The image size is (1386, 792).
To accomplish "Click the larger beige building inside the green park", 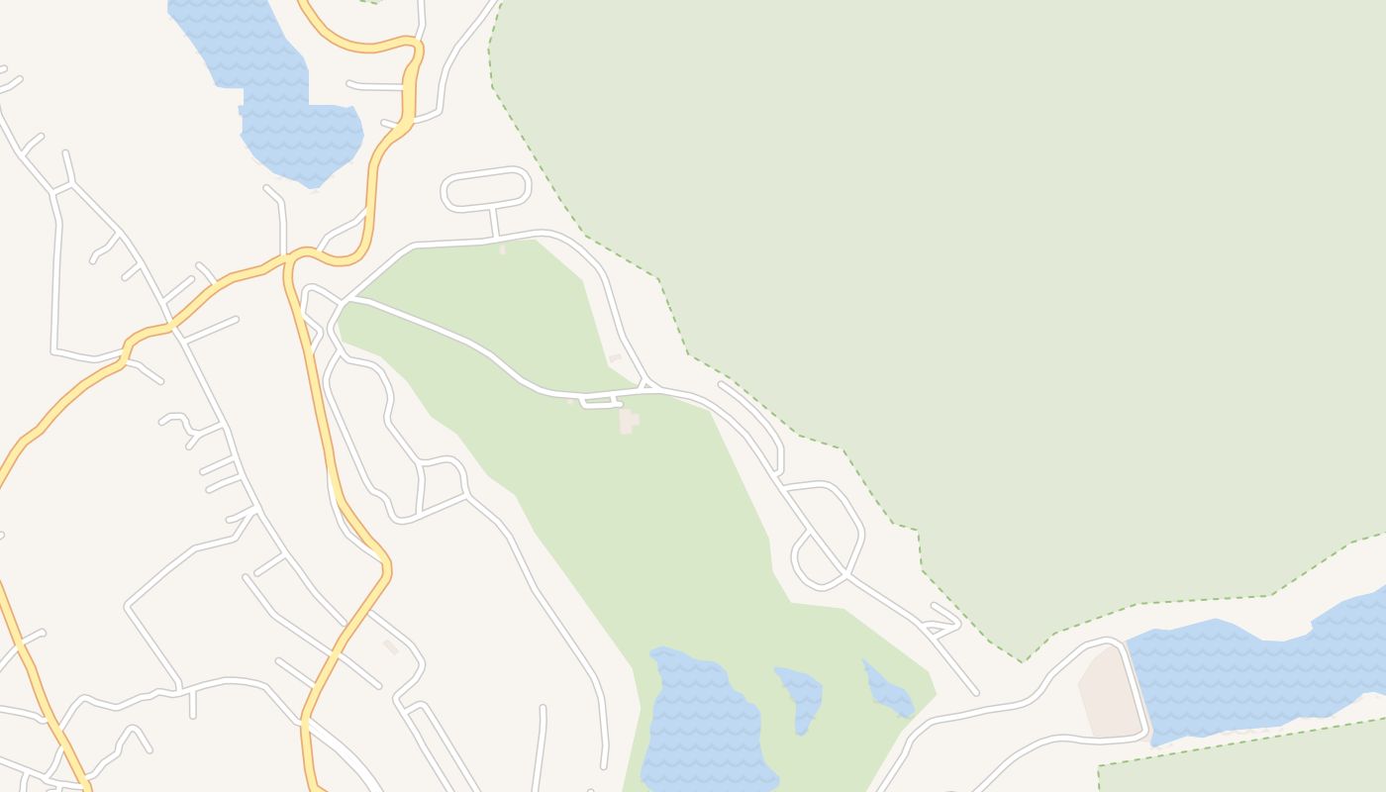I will [628, 421].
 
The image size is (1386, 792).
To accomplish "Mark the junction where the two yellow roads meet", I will [289, 259].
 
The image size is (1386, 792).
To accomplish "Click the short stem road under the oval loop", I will [493, 223].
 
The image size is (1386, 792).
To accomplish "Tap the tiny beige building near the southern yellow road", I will [391, 646].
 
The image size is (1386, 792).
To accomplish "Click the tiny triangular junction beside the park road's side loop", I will [646, 384].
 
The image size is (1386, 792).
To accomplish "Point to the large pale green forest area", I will [990, 247].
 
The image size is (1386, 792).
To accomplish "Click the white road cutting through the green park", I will [465, 338].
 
